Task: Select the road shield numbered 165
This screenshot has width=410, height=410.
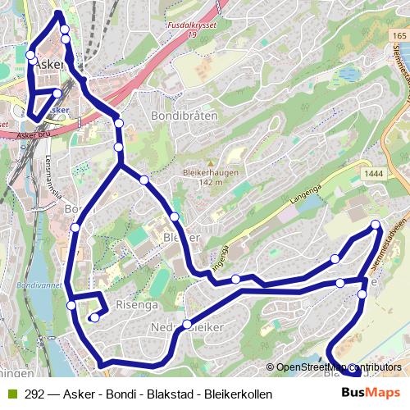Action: (399, 36)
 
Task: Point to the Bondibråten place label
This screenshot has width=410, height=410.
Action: (184, 116)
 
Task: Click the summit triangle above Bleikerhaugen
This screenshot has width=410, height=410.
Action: (211, 163)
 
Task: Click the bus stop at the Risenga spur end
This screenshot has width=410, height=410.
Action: (94, 317)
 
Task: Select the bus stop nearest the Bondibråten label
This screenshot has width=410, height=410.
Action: (119, 123)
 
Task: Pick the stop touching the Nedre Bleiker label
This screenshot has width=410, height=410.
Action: (187, 324)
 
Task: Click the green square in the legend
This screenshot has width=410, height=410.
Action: (11, 394)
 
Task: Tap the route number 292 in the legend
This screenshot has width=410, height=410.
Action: (34, 394)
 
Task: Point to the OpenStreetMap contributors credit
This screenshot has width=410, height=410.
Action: (339, 367)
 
